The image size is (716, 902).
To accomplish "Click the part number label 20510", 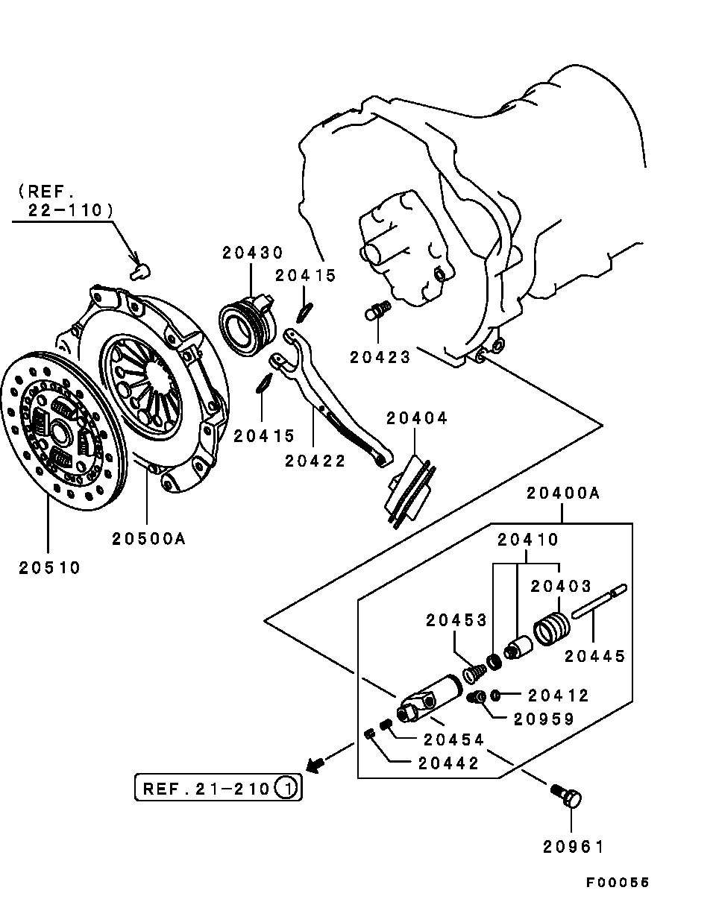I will (49, 567).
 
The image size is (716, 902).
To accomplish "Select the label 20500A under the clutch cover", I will (148, 537).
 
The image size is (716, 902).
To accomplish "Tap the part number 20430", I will (252, 253).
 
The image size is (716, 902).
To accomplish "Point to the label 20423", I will (380, 357).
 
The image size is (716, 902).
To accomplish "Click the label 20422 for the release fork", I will (315, 460).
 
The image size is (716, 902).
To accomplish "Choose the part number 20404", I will (417, 418).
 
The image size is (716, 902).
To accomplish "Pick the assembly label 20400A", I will (563, 493).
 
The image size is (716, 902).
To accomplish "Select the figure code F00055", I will (618, 882).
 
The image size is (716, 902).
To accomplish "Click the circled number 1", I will (288, 787).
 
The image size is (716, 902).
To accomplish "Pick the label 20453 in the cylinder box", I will (456, 619).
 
